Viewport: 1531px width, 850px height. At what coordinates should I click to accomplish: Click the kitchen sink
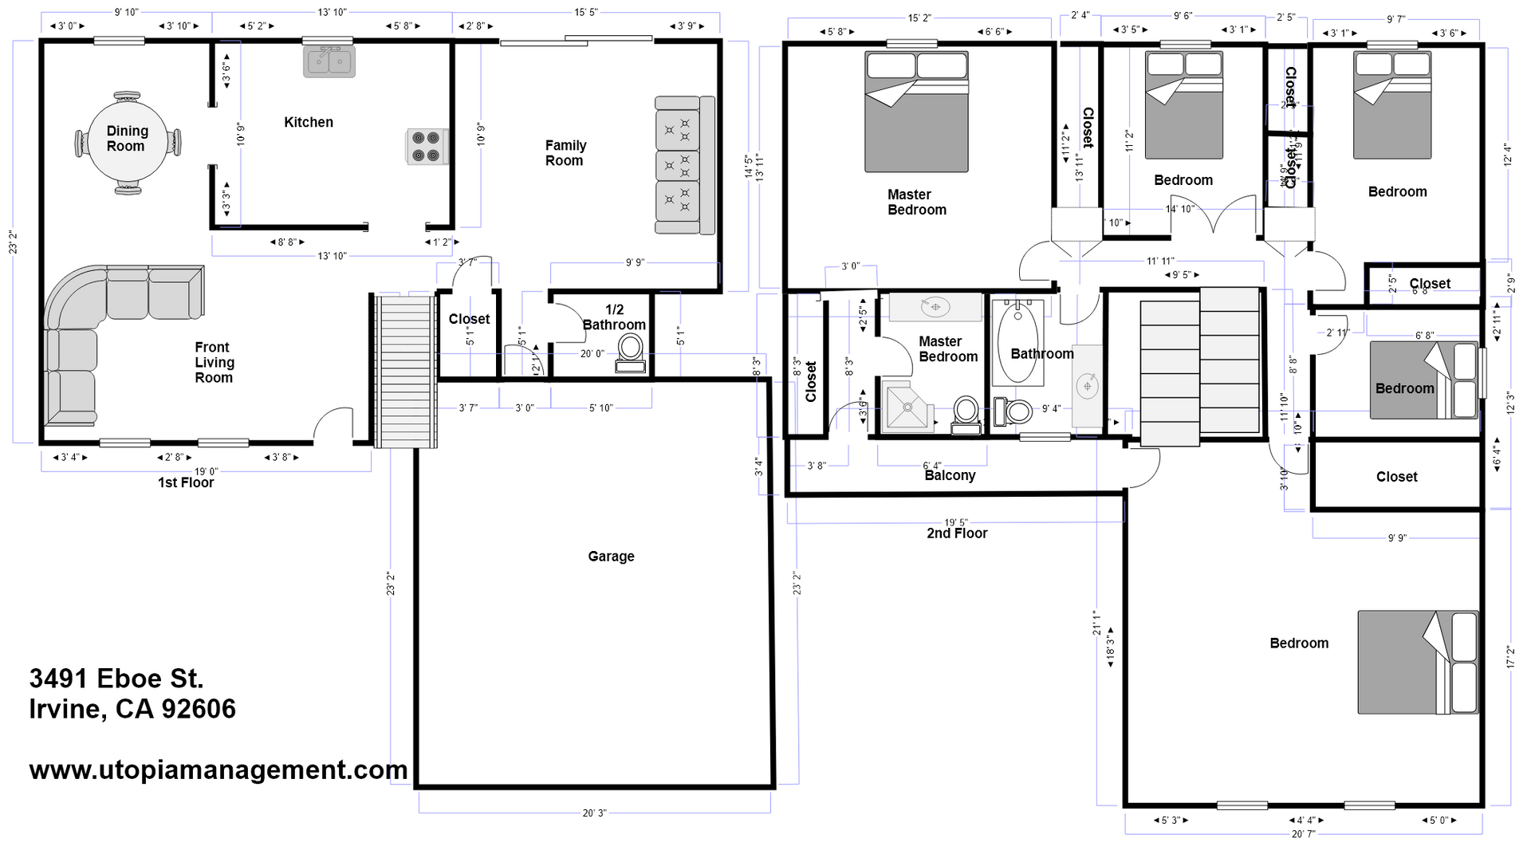click(x=329, y=61)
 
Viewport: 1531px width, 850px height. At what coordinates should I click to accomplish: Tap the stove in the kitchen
click(x=424, y=147)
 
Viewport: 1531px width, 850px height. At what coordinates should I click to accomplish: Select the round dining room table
click(x=127, y=142)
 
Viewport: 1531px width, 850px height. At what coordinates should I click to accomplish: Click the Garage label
click(x=611, y=557)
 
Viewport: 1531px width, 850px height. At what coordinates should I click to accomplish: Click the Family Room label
click(x=565, y=153)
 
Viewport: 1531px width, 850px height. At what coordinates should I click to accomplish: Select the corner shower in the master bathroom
click(x=907, y=406)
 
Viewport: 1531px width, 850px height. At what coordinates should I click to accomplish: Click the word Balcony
click(x=950, y=475)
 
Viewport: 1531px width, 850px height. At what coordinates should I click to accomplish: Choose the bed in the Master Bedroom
click(x=916, y=112)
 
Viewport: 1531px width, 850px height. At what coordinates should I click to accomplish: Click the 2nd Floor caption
click(x=957, y=533)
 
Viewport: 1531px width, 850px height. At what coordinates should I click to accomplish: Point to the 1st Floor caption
click(x=186, y=482)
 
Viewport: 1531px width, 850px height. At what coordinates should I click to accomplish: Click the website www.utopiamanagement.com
click(x=218, y=769)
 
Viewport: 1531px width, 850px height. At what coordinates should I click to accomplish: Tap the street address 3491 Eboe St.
click(x=116, y=679)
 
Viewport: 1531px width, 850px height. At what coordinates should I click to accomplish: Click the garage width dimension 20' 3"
click(x=594, y=813)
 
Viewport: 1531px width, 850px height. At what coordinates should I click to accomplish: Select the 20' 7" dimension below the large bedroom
click(x=1303, y=834)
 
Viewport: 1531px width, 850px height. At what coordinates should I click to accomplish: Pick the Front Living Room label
click(x=214, y=363)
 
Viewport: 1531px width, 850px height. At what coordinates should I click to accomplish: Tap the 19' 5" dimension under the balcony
click(x=956, y=523)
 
